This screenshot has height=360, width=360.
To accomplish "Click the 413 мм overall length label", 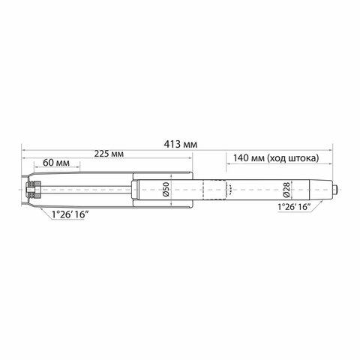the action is [181, 144].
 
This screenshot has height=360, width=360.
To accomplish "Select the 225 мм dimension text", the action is [109, 154].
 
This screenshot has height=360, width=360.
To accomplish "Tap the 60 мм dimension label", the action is [56, 163].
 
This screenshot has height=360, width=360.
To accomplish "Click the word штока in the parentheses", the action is [302, 158].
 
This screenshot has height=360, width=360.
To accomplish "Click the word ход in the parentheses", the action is [277, 158].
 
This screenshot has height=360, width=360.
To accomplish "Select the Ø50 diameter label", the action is [166, 189].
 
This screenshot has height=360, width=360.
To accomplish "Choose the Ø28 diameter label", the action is [286, 190].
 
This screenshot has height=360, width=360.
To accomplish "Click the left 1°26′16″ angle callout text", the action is [70, 214].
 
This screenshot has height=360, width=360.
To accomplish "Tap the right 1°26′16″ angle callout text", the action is [295, 207].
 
